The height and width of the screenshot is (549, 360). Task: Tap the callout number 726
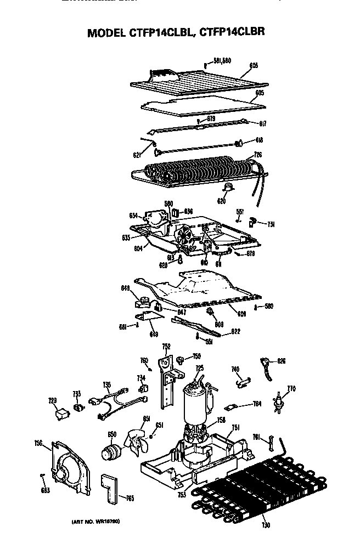click(x=257, y=155)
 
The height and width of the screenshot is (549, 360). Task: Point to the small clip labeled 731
click(x=254, y=221)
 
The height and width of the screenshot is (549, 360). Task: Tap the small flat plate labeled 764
click(x=231, y=407)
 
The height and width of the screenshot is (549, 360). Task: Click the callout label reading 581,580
click(x=222, y=61)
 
